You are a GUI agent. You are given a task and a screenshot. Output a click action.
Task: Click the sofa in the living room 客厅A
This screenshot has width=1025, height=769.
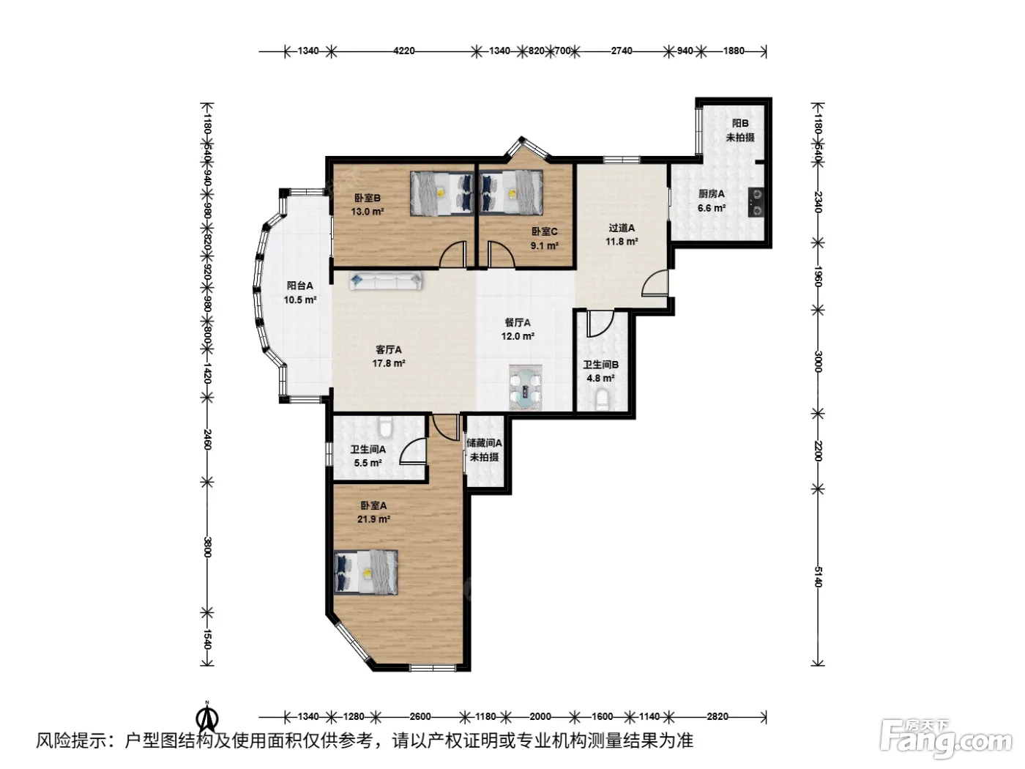[386, 281]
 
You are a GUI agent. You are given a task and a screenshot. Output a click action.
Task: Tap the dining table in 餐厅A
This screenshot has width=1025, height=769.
[526, 387]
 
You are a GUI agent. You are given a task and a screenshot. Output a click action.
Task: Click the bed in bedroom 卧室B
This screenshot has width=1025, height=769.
[441, 193]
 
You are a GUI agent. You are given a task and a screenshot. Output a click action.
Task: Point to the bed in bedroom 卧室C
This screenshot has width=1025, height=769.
[511, 193]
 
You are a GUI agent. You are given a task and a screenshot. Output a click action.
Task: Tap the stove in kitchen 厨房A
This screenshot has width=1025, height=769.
[756, 203]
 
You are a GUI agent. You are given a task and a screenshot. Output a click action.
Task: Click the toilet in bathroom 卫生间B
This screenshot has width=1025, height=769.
[603, 401]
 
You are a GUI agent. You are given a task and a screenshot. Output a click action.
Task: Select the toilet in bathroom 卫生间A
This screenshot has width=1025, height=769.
[386, 427]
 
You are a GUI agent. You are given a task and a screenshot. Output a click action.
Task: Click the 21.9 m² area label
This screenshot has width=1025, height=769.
[373, 519]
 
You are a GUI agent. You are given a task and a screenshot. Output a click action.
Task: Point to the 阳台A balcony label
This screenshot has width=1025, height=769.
[299, 286]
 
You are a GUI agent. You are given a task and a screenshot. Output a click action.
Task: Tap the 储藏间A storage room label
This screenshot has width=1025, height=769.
[484, 442]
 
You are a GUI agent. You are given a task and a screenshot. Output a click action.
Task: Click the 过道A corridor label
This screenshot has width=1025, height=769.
[622, 228]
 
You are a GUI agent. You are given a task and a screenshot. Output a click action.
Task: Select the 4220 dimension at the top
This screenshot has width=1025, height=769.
[403, 51]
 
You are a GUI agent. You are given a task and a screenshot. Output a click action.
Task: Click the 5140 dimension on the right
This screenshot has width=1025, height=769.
[818, 576]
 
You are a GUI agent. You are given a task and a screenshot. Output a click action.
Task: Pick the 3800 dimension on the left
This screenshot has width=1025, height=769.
[208, 547]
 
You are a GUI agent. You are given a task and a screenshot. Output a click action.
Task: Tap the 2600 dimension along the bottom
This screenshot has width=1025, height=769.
[420, 716]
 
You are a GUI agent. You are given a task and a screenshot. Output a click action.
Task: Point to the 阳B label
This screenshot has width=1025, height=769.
[740, 123]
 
